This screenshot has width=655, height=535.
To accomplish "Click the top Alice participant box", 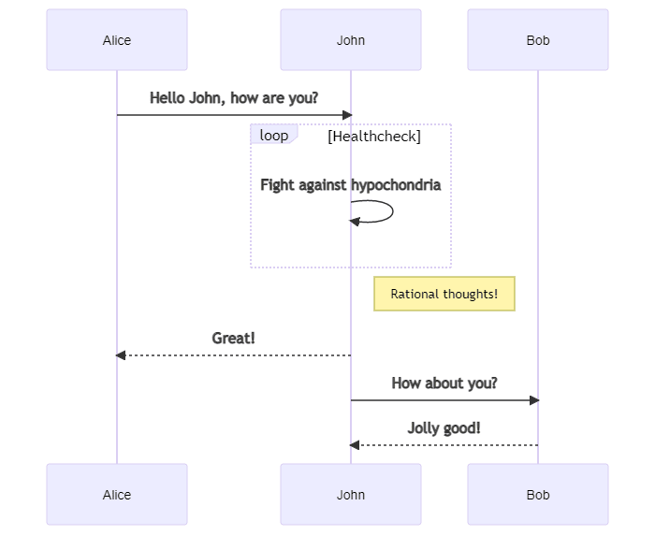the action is click(117, 39).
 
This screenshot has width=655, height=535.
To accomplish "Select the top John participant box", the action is click(351, 39).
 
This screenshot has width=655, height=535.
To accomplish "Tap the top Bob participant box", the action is click(538, 39).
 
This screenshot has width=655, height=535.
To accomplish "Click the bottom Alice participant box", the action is click(117, 494).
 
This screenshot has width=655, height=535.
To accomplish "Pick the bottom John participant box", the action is click(351, 494).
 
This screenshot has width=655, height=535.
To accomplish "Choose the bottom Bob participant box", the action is click(538, 494).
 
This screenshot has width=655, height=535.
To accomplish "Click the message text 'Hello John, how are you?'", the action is click(234, 98).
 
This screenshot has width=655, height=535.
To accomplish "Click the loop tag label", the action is click(274, 135).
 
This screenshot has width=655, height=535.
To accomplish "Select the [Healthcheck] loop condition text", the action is click(374, 137).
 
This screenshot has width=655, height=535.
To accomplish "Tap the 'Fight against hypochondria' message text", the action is click(351, 185).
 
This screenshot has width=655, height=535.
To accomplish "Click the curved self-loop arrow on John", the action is click(393, 211).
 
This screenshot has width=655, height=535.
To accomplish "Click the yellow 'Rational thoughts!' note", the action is click(444, 294).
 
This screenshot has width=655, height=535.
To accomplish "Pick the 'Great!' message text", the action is click(234, 338).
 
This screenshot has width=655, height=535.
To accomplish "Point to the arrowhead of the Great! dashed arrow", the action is click(121, 355).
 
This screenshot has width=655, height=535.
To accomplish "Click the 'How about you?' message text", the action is click(444, 383).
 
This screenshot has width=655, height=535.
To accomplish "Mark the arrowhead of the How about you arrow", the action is click(534, 400).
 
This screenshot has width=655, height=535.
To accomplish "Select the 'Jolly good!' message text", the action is click(444, 428).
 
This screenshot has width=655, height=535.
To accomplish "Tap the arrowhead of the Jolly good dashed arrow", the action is click(355, 445).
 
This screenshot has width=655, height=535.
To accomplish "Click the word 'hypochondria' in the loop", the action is click(396, 185).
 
